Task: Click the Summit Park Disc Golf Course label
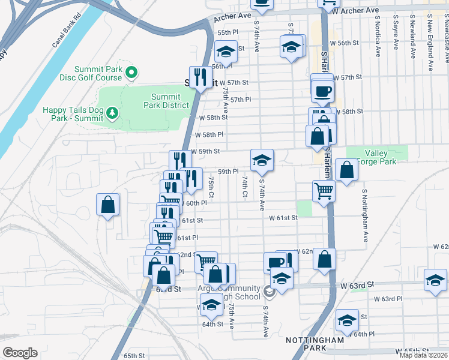tap(100, 73)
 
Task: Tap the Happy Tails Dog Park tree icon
tap(110, 113)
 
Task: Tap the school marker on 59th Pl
tap(262, 160)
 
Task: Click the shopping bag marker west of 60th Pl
tap(107, 205)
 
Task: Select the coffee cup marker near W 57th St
tap(323, 91)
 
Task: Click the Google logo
tap(20, 353)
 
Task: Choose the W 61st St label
tap(283, 218)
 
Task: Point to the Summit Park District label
tap(166, 101)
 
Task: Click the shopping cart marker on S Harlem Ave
tap(324, 191)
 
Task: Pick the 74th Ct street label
tap(245, 186)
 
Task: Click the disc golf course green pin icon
tap(133, 73)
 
